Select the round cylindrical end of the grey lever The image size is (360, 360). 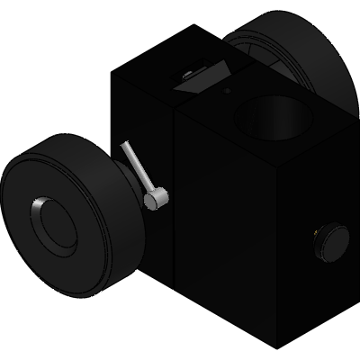click(156, 199)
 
